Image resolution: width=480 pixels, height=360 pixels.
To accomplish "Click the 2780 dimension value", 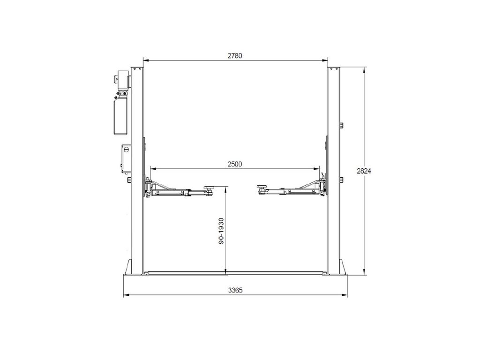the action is [235, 56].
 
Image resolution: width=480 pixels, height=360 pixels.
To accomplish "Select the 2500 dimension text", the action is [235, 165].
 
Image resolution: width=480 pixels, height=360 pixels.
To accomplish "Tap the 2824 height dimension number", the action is [364, 171].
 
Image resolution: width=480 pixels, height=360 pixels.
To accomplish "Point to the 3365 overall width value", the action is [235, 290].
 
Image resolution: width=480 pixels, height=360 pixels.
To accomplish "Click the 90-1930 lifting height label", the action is [222, 231].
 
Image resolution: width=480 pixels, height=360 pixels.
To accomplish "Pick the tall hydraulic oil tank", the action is [120, 115].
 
